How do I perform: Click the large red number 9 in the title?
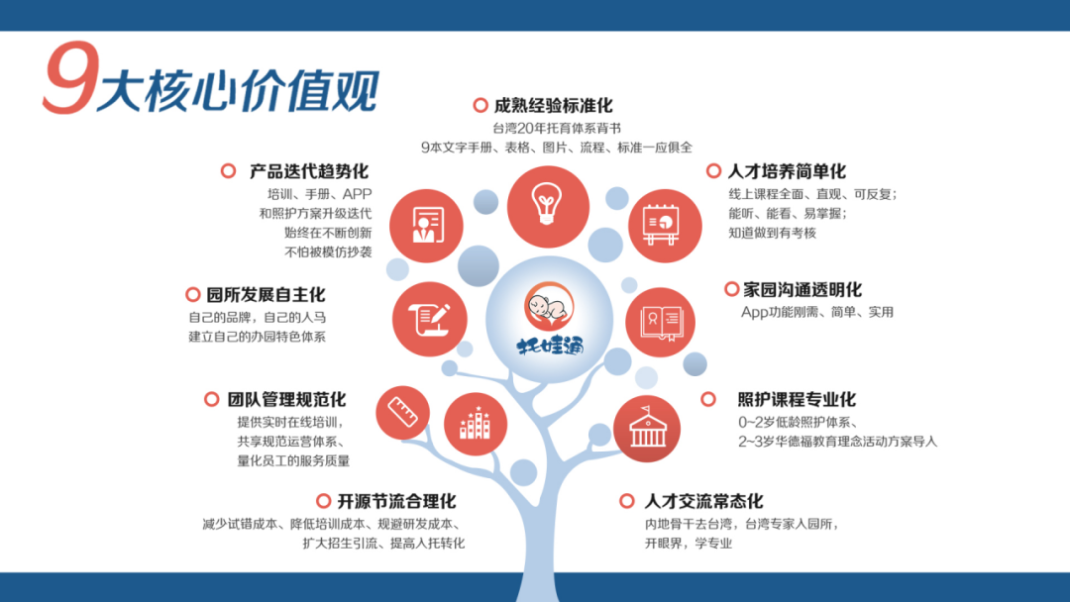71,77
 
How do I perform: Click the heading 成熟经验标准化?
554,106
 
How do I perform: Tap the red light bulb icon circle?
548,207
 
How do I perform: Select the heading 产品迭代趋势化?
309,171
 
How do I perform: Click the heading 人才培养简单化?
787,171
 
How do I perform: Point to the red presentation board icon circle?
665,226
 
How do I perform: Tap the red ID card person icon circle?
426,226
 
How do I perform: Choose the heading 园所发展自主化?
267,294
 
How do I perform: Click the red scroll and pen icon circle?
429,319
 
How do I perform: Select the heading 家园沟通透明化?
802,290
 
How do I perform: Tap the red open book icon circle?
661,322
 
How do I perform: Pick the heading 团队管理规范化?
286,399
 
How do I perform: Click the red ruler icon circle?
402,413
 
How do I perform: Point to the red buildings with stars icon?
475,424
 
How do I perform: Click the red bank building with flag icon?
647,429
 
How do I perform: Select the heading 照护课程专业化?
797,399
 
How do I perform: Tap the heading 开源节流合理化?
396,502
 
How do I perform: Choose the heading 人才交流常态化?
703,502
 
